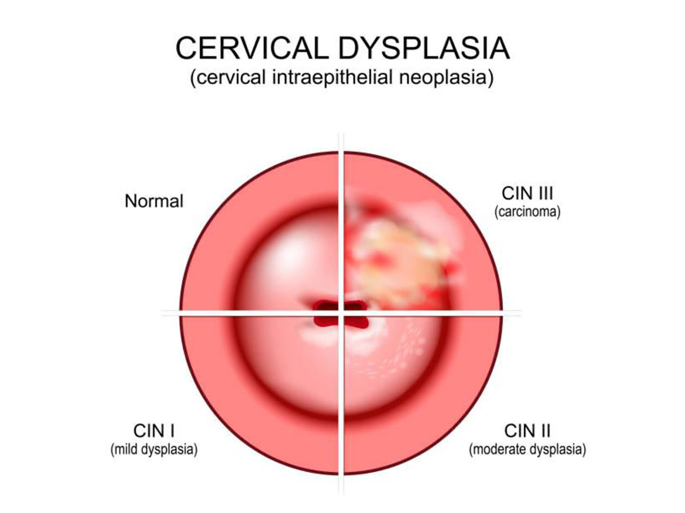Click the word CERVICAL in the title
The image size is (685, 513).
click(x=252, y=48)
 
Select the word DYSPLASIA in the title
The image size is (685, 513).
click(x=424, y=48)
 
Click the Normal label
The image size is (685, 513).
click(x=154, y=201)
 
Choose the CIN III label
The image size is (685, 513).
click(x=528, y=193)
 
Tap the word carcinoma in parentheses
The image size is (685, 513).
click(x=528, y=212)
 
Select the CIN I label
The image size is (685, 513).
click(x=154, y=431)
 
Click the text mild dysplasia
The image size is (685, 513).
click(x=154, y=449)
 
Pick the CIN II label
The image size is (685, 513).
click(x=528, y=431)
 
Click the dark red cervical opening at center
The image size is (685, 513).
click(x=341, y=313)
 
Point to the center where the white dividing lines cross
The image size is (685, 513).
click(x=341, y=313)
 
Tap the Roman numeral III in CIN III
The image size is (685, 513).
click(x=544, y=193)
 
